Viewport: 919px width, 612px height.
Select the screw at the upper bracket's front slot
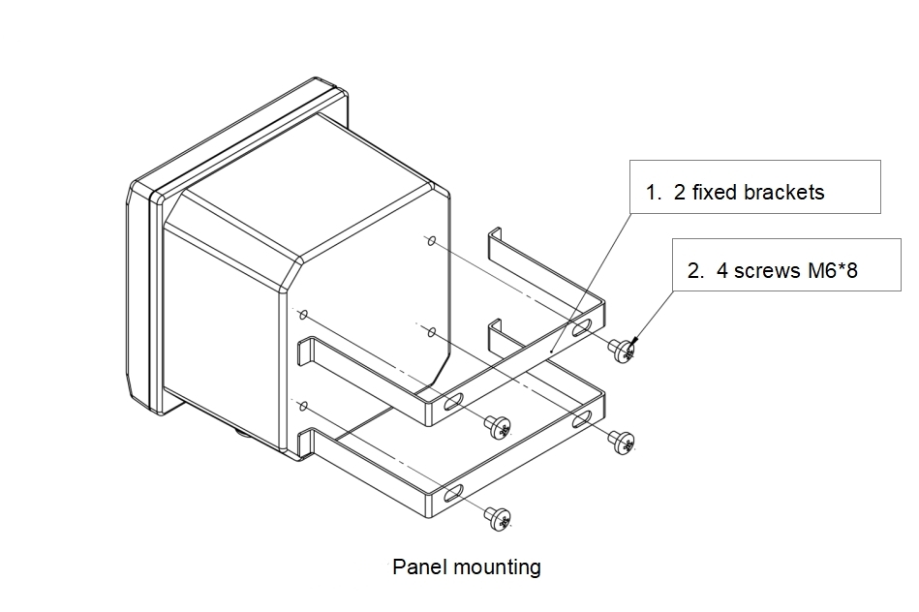click(498, 425)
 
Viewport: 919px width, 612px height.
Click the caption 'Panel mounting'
click(466, 566)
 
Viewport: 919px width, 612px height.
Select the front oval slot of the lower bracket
click(453, 495)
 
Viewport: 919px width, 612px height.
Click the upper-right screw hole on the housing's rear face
click(431, 239)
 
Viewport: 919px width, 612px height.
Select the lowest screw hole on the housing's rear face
click(304, 404)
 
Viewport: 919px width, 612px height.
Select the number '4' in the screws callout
click(722, 271)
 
